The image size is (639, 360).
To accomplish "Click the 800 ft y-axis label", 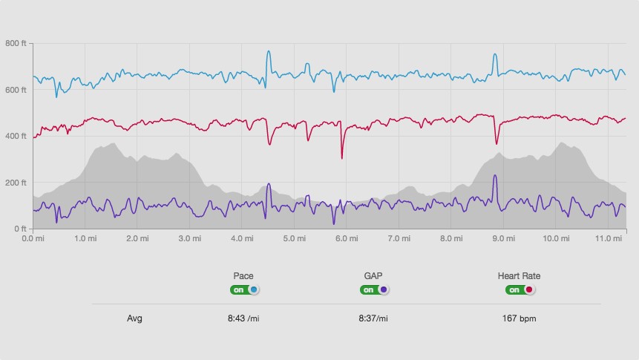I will point(16,44).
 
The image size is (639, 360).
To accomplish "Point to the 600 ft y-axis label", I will point(16,90).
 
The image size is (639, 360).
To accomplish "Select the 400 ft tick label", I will point(16,136).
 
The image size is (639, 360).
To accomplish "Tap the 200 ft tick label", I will point(16,183).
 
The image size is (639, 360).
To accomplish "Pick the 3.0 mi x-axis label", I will point(191,238).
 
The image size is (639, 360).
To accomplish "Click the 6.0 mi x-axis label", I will point(347,238).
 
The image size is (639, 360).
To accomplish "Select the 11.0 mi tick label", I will point(608,238).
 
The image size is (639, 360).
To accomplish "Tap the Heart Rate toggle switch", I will point(520,289).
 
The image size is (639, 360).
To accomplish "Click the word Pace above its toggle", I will point(243,276).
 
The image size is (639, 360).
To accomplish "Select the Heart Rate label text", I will point(519,276).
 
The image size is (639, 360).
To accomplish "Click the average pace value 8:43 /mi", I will point(243,318).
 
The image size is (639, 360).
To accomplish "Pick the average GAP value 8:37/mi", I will point(373,318).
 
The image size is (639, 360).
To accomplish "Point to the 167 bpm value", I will point(519,318).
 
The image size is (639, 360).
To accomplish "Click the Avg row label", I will point(134,318).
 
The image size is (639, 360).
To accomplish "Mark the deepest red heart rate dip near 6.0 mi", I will point(342,157).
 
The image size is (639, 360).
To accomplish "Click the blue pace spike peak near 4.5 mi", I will point(269,51).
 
